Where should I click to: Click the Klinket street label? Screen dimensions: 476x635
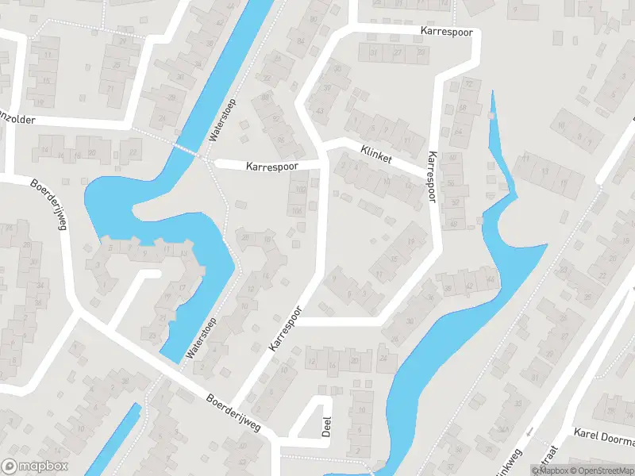click(x=375, y=154)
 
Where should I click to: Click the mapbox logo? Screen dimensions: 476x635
click(x=35, y=466)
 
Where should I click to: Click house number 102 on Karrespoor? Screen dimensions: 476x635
click(x=299, y=190)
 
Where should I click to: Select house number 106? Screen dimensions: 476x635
click(x=297, y=210)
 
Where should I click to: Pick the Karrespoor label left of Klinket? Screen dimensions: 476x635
click(x=271, y=167)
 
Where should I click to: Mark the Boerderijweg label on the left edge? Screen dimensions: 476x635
click(x=49, y=205)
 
